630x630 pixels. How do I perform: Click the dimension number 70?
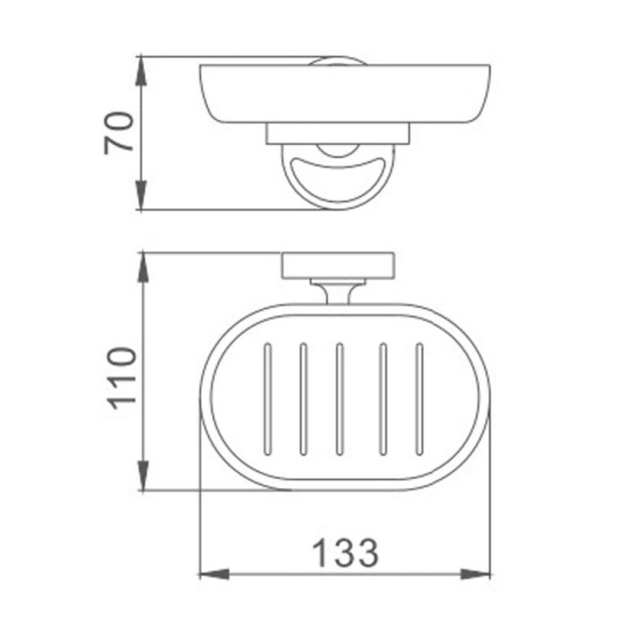118,134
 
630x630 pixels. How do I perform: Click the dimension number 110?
122,378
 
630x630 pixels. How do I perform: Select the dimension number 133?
345,553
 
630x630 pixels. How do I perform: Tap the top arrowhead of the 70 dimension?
141,71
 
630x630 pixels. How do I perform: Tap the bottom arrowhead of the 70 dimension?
141,195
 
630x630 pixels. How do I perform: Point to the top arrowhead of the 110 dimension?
143,267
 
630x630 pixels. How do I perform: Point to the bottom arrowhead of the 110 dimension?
143,476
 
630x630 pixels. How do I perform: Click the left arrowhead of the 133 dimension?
214,574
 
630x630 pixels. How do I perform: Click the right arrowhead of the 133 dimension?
476,574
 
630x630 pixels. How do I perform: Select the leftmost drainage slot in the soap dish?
267,399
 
